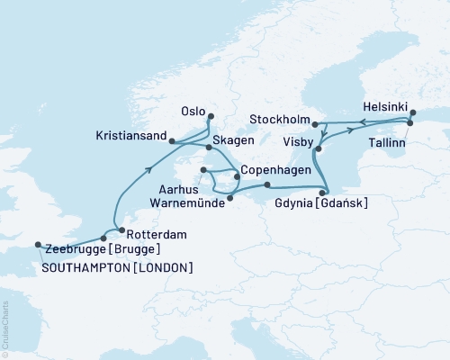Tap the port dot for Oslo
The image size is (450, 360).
tap(211, 116)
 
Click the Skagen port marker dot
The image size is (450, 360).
tap(209, 147)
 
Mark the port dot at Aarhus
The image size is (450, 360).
tap(204, 169)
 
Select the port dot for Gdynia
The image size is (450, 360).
tap(328, 190)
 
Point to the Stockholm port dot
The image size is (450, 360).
tap(315, 123)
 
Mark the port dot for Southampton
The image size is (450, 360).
tap(37, 244)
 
